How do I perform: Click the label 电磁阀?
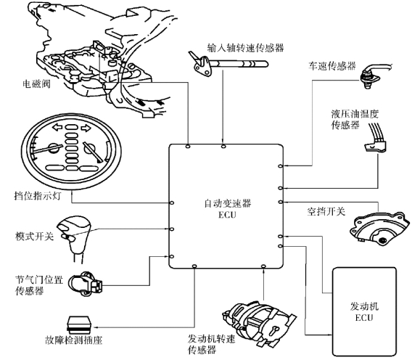36,84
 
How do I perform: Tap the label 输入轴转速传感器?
246,48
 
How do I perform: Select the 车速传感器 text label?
332,66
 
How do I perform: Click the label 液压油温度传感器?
355,120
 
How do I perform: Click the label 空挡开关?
326,211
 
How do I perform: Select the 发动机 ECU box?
364,311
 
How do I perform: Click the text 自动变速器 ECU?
228,209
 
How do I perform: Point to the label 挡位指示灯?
38,196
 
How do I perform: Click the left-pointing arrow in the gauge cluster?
57,128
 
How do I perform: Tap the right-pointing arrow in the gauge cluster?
86,128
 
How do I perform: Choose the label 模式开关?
34,236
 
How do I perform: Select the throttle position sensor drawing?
86,284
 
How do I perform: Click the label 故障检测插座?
74,340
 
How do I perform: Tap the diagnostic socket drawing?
79,324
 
